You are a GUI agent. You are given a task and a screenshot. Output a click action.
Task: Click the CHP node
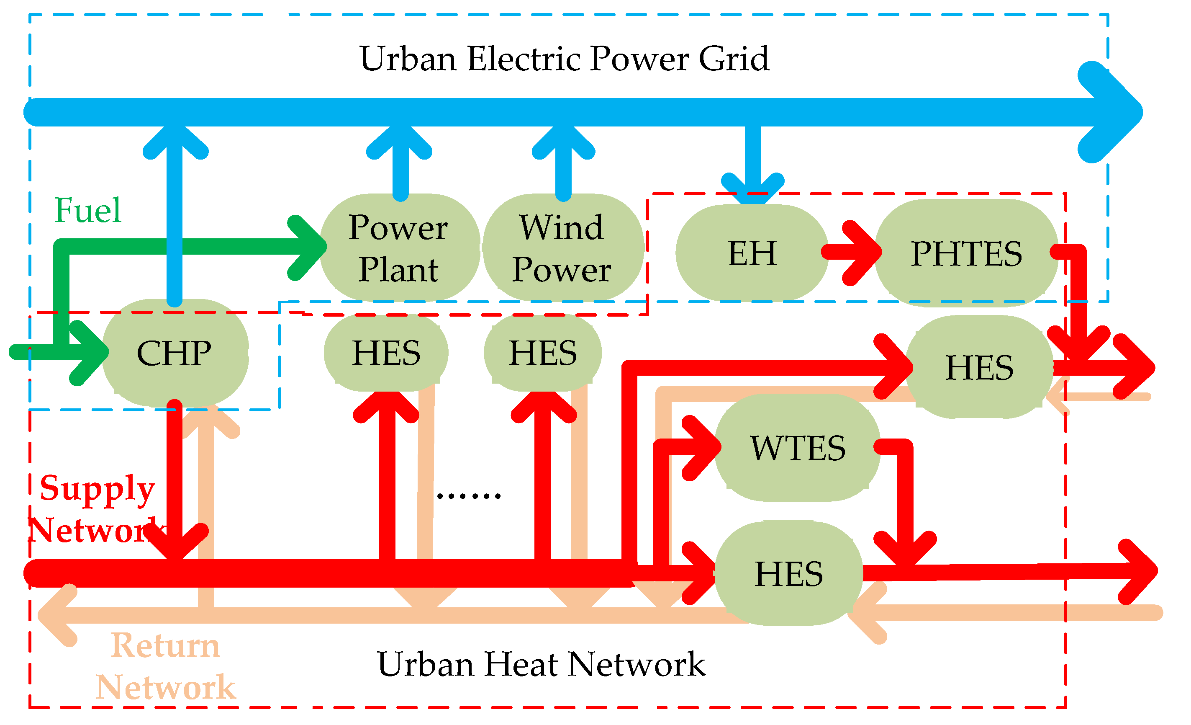click(175, 353)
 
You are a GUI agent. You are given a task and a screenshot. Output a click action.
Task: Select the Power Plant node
click(399, 248)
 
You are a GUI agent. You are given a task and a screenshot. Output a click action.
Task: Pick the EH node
click(752, 253)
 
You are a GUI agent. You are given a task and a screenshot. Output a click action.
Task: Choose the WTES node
click(798, 448)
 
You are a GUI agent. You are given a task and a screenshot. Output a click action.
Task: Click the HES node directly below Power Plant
click(386, 353)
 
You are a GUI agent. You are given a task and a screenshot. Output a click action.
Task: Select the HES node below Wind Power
click(543, 353)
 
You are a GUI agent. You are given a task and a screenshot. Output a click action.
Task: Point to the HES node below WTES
click(789, 574)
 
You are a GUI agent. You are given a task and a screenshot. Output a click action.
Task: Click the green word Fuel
click(87, 210)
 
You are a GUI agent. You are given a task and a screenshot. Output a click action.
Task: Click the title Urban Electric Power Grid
click(564, 59)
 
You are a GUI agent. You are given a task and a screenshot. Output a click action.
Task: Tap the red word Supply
click(97, 488)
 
